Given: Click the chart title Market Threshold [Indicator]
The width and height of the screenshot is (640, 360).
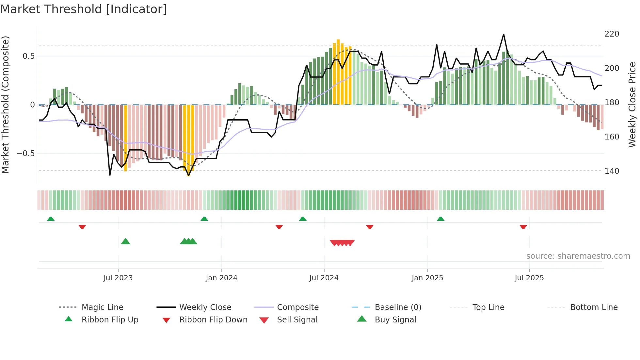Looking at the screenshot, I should pos(84,9).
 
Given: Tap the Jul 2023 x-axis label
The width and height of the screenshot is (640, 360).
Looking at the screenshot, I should pos(118,278).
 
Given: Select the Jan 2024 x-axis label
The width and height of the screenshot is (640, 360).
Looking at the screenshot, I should pos(221,278).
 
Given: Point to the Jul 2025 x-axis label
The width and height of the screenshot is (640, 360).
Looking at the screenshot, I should pos(529,278).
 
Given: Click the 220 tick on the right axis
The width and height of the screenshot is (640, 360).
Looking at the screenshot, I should pos(612,34).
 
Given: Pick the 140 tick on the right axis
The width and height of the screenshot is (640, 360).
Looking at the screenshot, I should pos(612,171).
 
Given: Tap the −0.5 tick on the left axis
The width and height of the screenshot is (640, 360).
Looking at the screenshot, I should pos(26,154).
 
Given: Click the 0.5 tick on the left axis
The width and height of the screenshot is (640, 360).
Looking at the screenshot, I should pos(28,56).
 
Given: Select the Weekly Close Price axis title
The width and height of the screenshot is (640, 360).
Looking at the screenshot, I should pos(632,105).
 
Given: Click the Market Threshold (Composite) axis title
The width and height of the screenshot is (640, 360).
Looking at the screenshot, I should pos(5,105).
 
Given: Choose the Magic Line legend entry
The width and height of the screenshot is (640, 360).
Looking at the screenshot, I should pos(102,307).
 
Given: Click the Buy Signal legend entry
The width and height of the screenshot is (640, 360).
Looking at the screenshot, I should pos(395,320).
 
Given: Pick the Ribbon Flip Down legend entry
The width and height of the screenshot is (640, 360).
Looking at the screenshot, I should pos(213,320).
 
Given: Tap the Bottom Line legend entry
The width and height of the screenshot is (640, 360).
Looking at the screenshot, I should pos(594,307).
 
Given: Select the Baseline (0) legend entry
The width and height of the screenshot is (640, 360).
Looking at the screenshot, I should pos(398,307).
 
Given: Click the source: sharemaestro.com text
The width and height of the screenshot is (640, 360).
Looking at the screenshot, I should pos(578,256).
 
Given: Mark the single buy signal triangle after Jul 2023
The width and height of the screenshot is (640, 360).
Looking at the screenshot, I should pos(125,241).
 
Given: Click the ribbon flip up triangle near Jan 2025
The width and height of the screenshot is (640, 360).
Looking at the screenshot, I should pos(440,219).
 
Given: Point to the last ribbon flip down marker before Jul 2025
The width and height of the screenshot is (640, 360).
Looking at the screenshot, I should pos(523,227).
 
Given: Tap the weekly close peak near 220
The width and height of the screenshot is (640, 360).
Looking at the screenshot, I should pos(504,34).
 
